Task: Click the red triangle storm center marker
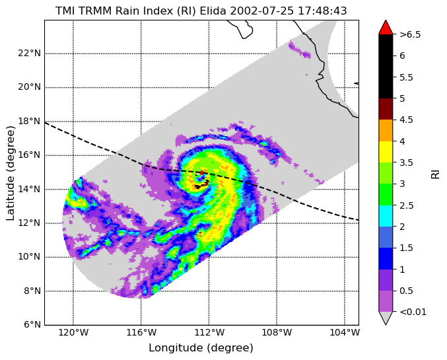(201, 172)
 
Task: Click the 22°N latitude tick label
(29, 53)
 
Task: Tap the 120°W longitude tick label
(73, 333)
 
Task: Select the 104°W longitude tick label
(345, 333)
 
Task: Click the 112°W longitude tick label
(209, 333)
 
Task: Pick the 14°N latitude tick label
(29, 189)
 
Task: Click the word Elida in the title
(213, 11)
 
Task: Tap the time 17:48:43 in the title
(322, 11)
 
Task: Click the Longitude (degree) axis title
(201, 348)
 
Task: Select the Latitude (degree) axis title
(10, 173)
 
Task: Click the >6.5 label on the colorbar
(410, 34)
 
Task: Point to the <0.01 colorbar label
(413, 312)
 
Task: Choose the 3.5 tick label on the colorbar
(406, 162)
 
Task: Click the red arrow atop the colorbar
(386, 27)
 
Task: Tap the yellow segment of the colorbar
(386, 152)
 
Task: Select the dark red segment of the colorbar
(386, 109)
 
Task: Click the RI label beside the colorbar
(435, 173)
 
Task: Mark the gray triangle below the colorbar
(386, 318)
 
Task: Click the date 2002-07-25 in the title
(262, 11)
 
